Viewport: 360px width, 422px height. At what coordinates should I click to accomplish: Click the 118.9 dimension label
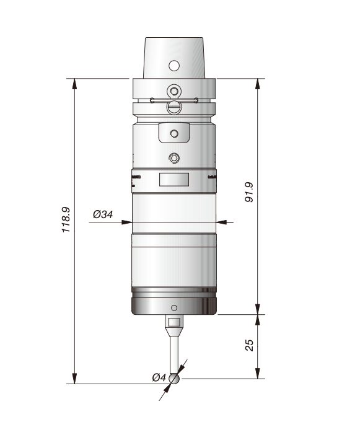click(66, 219)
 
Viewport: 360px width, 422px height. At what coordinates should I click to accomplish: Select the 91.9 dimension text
click(249, 192)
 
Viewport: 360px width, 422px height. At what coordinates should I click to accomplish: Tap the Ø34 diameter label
click(103, 214)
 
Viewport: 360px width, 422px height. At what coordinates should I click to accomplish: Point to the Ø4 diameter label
click(159, 377)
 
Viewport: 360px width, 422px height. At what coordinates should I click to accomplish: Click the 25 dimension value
click(250, 345)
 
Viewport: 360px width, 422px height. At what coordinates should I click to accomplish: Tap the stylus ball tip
click(174, 379)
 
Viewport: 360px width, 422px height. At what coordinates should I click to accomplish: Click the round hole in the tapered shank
click(174, 66)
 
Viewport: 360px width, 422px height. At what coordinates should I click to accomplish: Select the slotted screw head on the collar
click(174, 107)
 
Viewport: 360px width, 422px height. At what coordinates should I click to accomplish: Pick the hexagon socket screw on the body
click(174, 158)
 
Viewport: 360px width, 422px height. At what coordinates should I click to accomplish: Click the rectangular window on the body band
click(174, 180)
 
